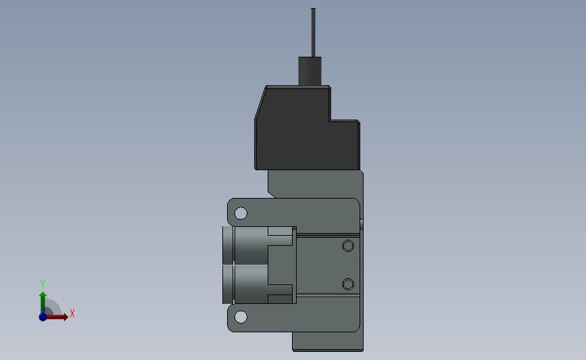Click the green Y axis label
(x=42, y=284)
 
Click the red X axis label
(x=72, y=313)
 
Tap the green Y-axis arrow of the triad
(x=43, y=300)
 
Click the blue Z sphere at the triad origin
(x=43, y=316)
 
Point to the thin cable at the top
(x=313, y=30)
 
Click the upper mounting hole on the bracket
(x=241, y=213)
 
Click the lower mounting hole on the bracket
(x=241, y=317)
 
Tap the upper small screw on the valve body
(x=348, y=245)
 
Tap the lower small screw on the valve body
(x=348, y=283)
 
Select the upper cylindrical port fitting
(x=247, y=245)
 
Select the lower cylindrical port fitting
(x=247, y=284)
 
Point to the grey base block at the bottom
(x=328, y=341)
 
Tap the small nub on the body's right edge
(x=362, y=223)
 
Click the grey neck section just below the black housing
(x=314, y=182)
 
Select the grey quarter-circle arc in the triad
(x=54, y=307)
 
